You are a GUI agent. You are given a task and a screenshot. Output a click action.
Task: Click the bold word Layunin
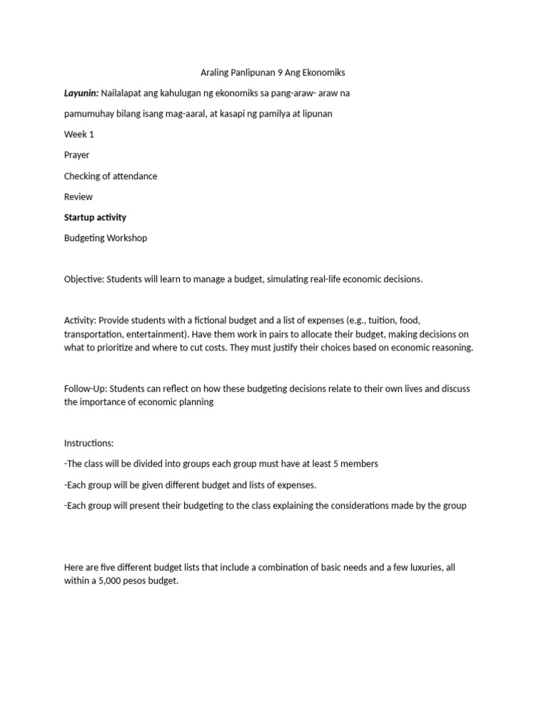pyautogui.click(x=81, y=93)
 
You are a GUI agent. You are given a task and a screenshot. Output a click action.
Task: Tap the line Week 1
pyautogui.click(x=79, y=134)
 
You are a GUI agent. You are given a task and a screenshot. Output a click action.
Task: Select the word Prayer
pyautogui.click(x=77, y=155)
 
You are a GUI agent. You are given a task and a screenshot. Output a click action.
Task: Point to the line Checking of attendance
pyautogui.click(x=110, y=176)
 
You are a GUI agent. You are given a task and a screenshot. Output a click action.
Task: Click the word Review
pyautogui.click(x=78, y=196)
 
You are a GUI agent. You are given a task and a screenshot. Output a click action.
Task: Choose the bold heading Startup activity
pyautogui.click(x=95, y=217)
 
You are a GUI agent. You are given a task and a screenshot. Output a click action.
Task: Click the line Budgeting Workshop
pyautogui.click(x=105, y=238)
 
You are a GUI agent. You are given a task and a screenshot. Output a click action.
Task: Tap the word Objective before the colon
pyautogui.click(x=83, y=279)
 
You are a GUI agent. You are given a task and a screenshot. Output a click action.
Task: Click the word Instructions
pyautogui.click(x=88, y=443)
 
